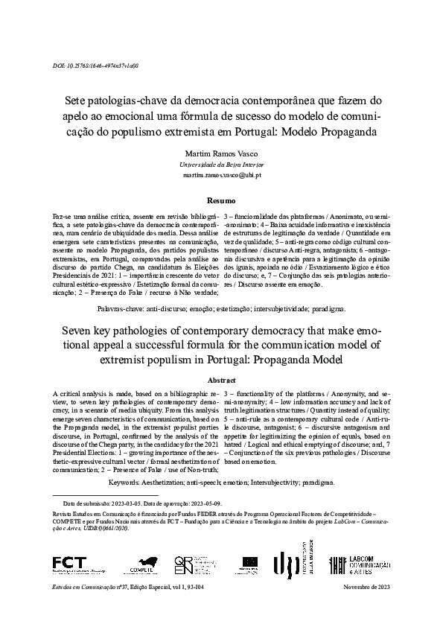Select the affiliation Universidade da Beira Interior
coord(221,164)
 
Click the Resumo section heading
coord(221,201)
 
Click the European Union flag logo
coord(249,564)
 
